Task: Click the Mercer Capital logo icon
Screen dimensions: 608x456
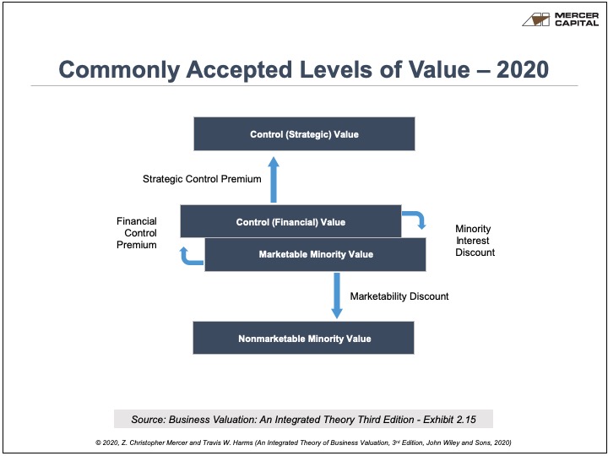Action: [536, 19]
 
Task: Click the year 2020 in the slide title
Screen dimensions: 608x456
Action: [523, 70]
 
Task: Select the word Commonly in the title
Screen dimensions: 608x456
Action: [119, 71]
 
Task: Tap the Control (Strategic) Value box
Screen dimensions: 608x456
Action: [304, 133]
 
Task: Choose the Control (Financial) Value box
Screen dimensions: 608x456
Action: [290, 221]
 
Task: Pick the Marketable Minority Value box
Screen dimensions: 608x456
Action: [315, 255]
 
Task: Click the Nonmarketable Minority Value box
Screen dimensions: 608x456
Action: [304, 338]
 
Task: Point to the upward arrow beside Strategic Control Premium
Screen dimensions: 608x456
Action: [274, 180]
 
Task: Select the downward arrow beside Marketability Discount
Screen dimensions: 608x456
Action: [337, 296]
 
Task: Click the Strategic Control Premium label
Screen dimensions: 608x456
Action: [202, 179]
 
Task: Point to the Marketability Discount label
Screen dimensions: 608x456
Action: [399, 296]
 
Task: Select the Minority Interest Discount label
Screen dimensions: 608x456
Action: [475, 241]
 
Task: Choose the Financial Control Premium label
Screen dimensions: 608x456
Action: [137, 233]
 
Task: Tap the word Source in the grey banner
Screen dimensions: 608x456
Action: [148, 420]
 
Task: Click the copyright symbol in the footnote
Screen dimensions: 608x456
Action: [98, 442]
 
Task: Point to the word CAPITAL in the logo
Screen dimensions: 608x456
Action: [577, 24]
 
